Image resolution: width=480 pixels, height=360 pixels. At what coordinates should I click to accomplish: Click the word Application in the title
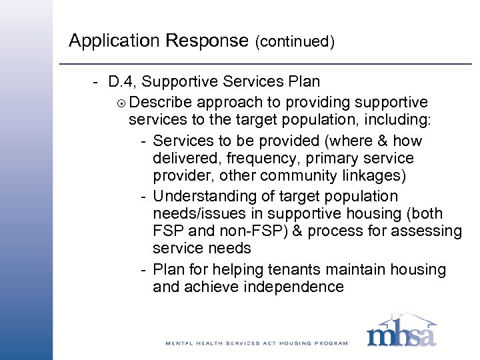coord(109,41)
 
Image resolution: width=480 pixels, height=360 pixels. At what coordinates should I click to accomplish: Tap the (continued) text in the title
coord(294,42)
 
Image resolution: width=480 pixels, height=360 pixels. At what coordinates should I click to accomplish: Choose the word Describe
coord(161,102)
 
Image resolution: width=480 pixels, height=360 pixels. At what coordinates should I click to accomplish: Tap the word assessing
coord(427,231)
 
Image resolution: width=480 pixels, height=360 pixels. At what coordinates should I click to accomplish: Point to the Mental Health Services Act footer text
coord(257,343)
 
